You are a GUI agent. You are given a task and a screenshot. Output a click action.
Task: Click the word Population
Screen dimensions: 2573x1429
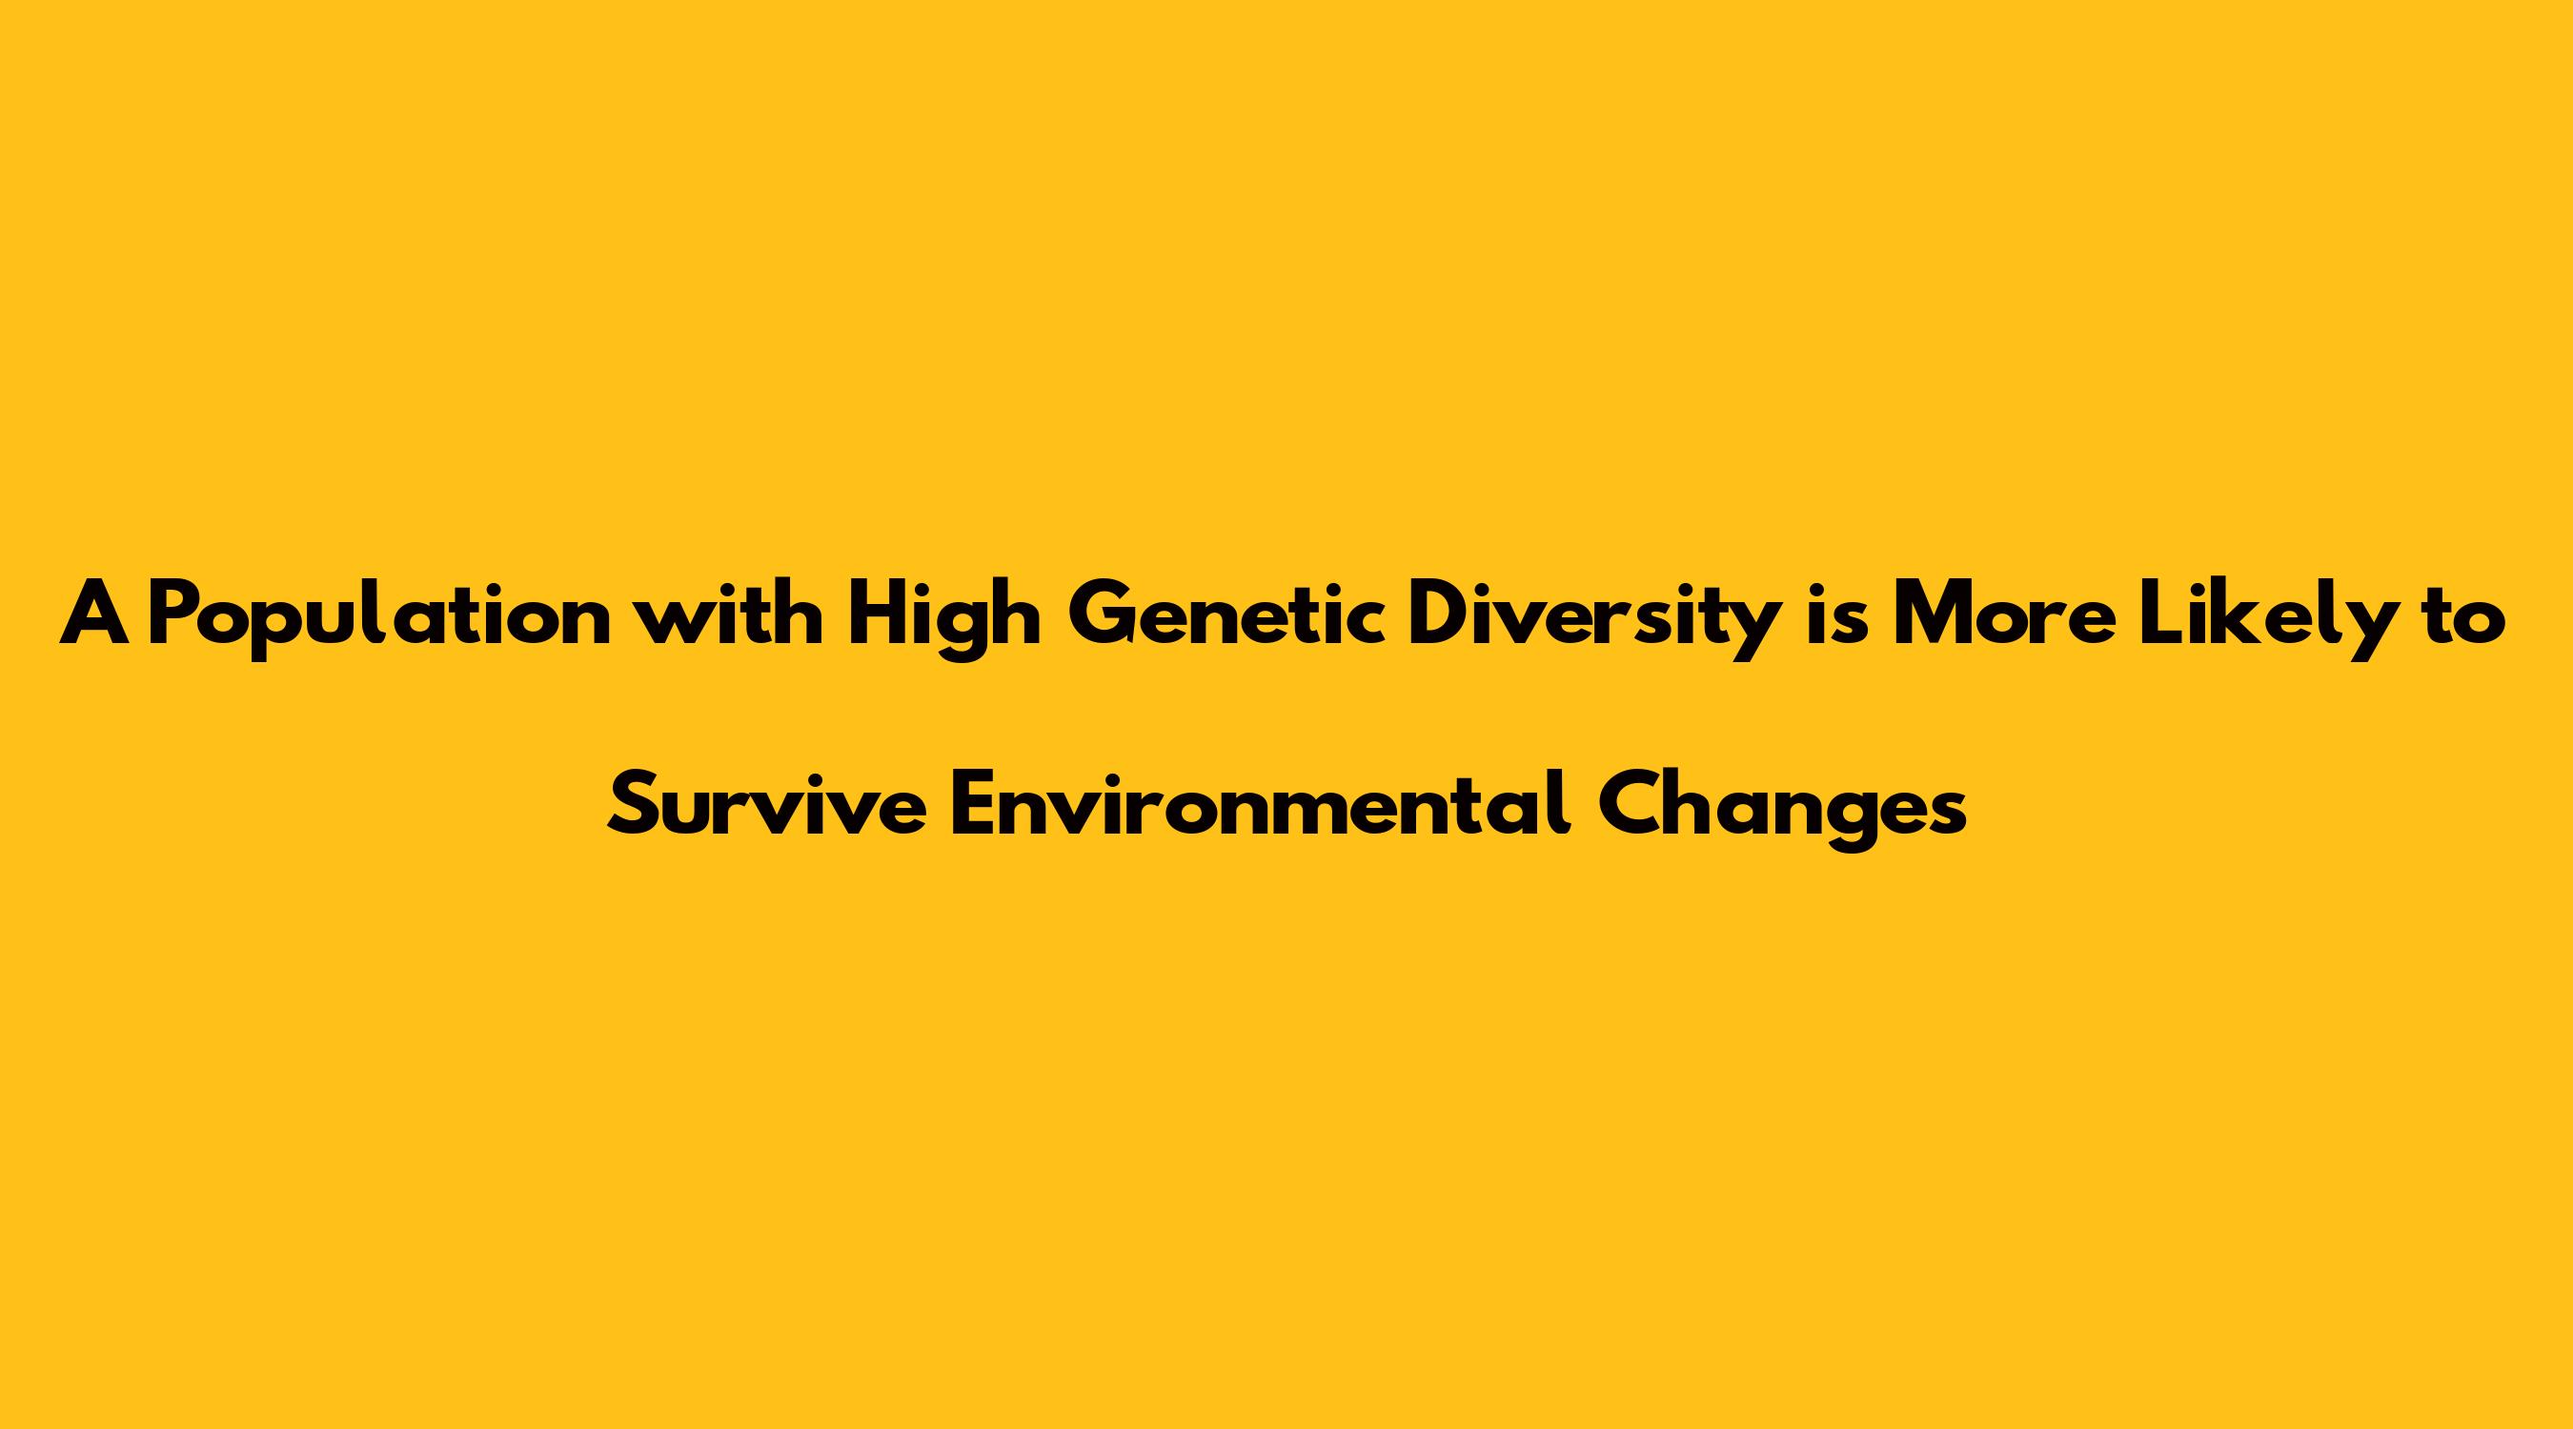coord(379,619)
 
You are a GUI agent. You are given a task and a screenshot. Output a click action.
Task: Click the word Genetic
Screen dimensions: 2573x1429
coord(1226,614)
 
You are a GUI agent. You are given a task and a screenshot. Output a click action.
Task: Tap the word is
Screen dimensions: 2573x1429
coord(1837,614)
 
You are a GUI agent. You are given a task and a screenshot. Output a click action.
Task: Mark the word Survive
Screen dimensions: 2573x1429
coord(767,806)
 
